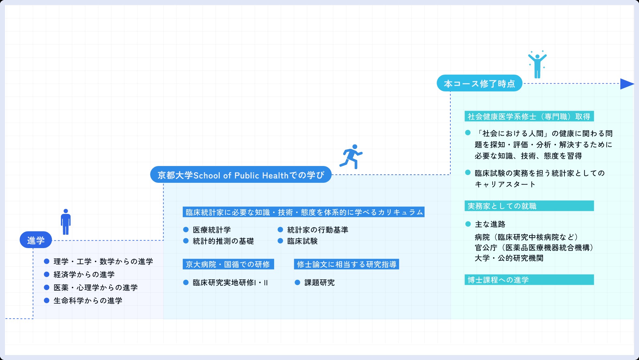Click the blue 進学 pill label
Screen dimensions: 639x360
[x=36, y=240]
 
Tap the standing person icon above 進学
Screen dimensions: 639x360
[x=66, y=222]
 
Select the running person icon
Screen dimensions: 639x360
[x=351, y=156]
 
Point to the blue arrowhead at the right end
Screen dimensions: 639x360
[x=627, y=84]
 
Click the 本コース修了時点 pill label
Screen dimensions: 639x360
[x=480, y=83]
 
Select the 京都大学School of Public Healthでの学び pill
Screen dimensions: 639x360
[x=241, y=175]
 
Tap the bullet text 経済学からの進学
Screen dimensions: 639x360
[x=84, y=275]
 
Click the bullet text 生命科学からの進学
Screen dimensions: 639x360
[x=88, y=301]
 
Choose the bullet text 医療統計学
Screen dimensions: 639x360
[x=212, y=230]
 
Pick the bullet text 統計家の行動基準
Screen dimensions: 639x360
[x=318, y=230]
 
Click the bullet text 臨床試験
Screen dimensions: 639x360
[x=302, y=241]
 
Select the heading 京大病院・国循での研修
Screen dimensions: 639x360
[x=228, y=264]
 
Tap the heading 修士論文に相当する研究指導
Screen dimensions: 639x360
[x=347, y=264]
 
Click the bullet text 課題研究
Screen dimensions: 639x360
[x=319, y=283]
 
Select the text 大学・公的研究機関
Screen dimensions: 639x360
[x=509, y=258]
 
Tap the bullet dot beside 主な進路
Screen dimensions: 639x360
[x=468, y=224]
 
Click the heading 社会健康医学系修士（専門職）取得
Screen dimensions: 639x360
[x=529, y=116]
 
